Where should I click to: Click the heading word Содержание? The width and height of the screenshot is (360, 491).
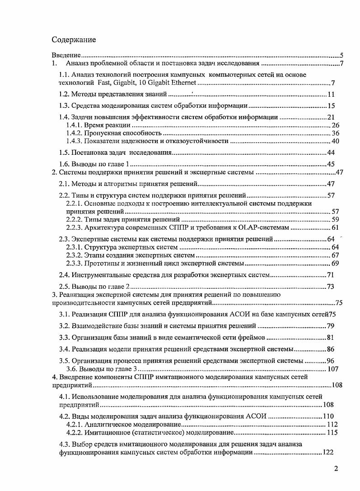tap(74, 40)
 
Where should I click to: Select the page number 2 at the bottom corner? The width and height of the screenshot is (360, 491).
tap(336, 468)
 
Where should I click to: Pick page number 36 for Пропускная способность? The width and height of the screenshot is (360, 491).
tap(336, 133)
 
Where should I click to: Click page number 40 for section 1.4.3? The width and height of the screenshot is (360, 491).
tap(336, 141)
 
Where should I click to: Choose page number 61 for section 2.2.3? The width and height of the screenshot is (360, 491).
tap(336, 227)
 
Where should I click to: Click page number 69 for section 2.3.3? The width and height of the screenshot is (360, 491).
tap(336, 263)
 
